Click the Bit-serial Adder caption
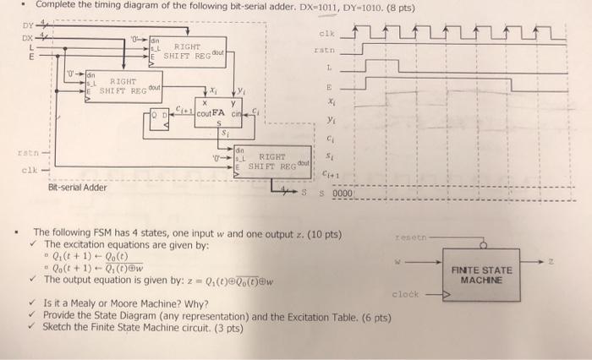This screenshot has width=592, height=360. coord(77,187)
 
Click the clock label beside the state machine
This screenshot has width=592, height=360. coord(406,294)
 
